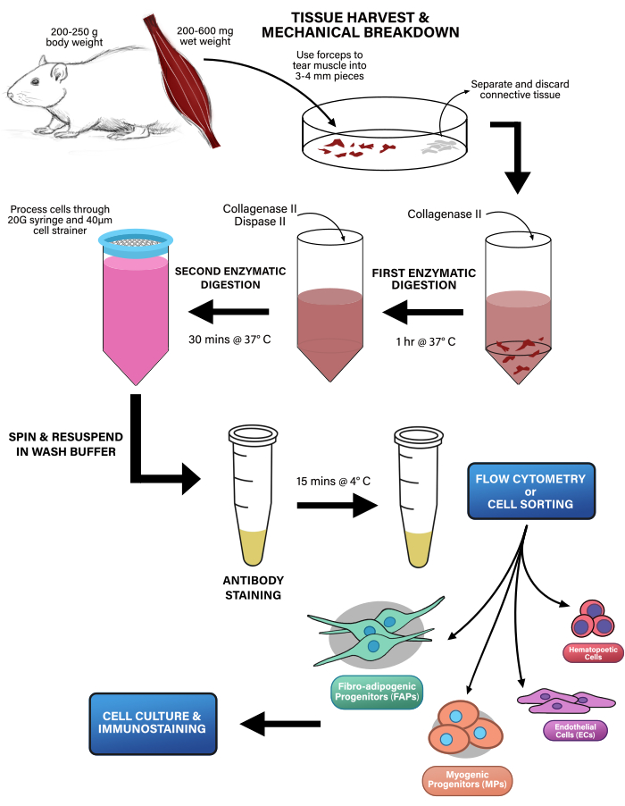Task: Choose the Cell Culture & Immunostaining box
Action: (154, 722)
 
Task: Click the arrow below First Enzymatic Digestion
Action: (422, 313)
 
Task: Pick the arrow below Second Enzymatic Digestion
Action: (229, 313)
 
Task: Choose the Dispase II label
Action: (272, 221)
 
